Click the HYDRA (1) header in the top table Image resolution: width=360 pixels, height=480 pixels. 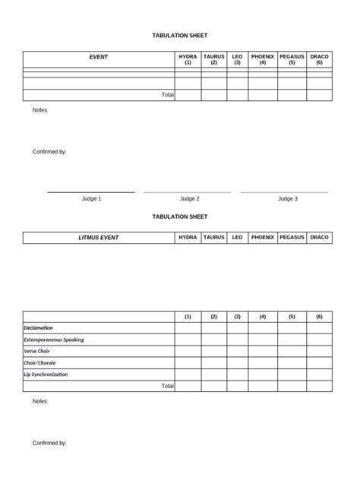click(188, 59)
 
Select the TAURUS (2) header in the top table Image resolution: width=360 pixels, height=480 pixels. click(213, 59)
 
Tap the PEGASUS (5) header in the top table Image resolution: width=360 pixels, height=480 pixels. click(292, 59)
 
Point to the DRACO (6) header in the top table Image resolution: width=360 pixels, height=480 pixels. click(319, 59)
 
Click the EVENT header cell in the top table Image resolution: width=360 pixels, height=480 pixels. click(99, 57)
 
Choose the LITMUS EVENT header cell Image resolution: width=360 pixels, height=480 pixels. click(99, 238)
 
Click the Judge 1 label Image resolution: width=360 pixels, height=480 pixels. click(91, 199)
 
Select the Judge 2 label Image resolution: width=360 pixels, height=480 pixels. click(189, 199)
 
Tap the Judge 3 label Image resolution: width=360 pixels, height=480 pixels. click(287, 199)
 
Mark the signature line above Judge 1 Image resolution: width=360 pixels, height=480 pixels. click(91, 192)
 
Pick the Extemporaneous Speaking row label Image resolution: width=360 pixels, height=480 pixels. click(53, 339)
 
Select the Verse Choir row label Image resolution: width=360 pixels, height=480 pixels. click(39, 352)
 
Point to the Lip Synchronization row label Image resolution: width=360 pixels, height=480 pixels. click(46, 374)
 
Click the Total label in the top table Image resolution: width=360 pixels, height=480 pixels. click(167, 95)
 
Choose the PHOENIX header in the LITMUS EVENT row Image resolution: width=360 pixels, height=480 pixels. click(263, 238)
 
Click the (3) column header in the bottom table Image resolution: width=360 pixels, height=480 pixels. click(237, 317)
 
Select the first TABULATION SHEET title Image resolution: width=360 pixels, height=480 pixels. click(180, 36)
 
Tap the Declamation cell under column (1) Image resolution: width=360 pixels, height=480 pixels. click(188, 328)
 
